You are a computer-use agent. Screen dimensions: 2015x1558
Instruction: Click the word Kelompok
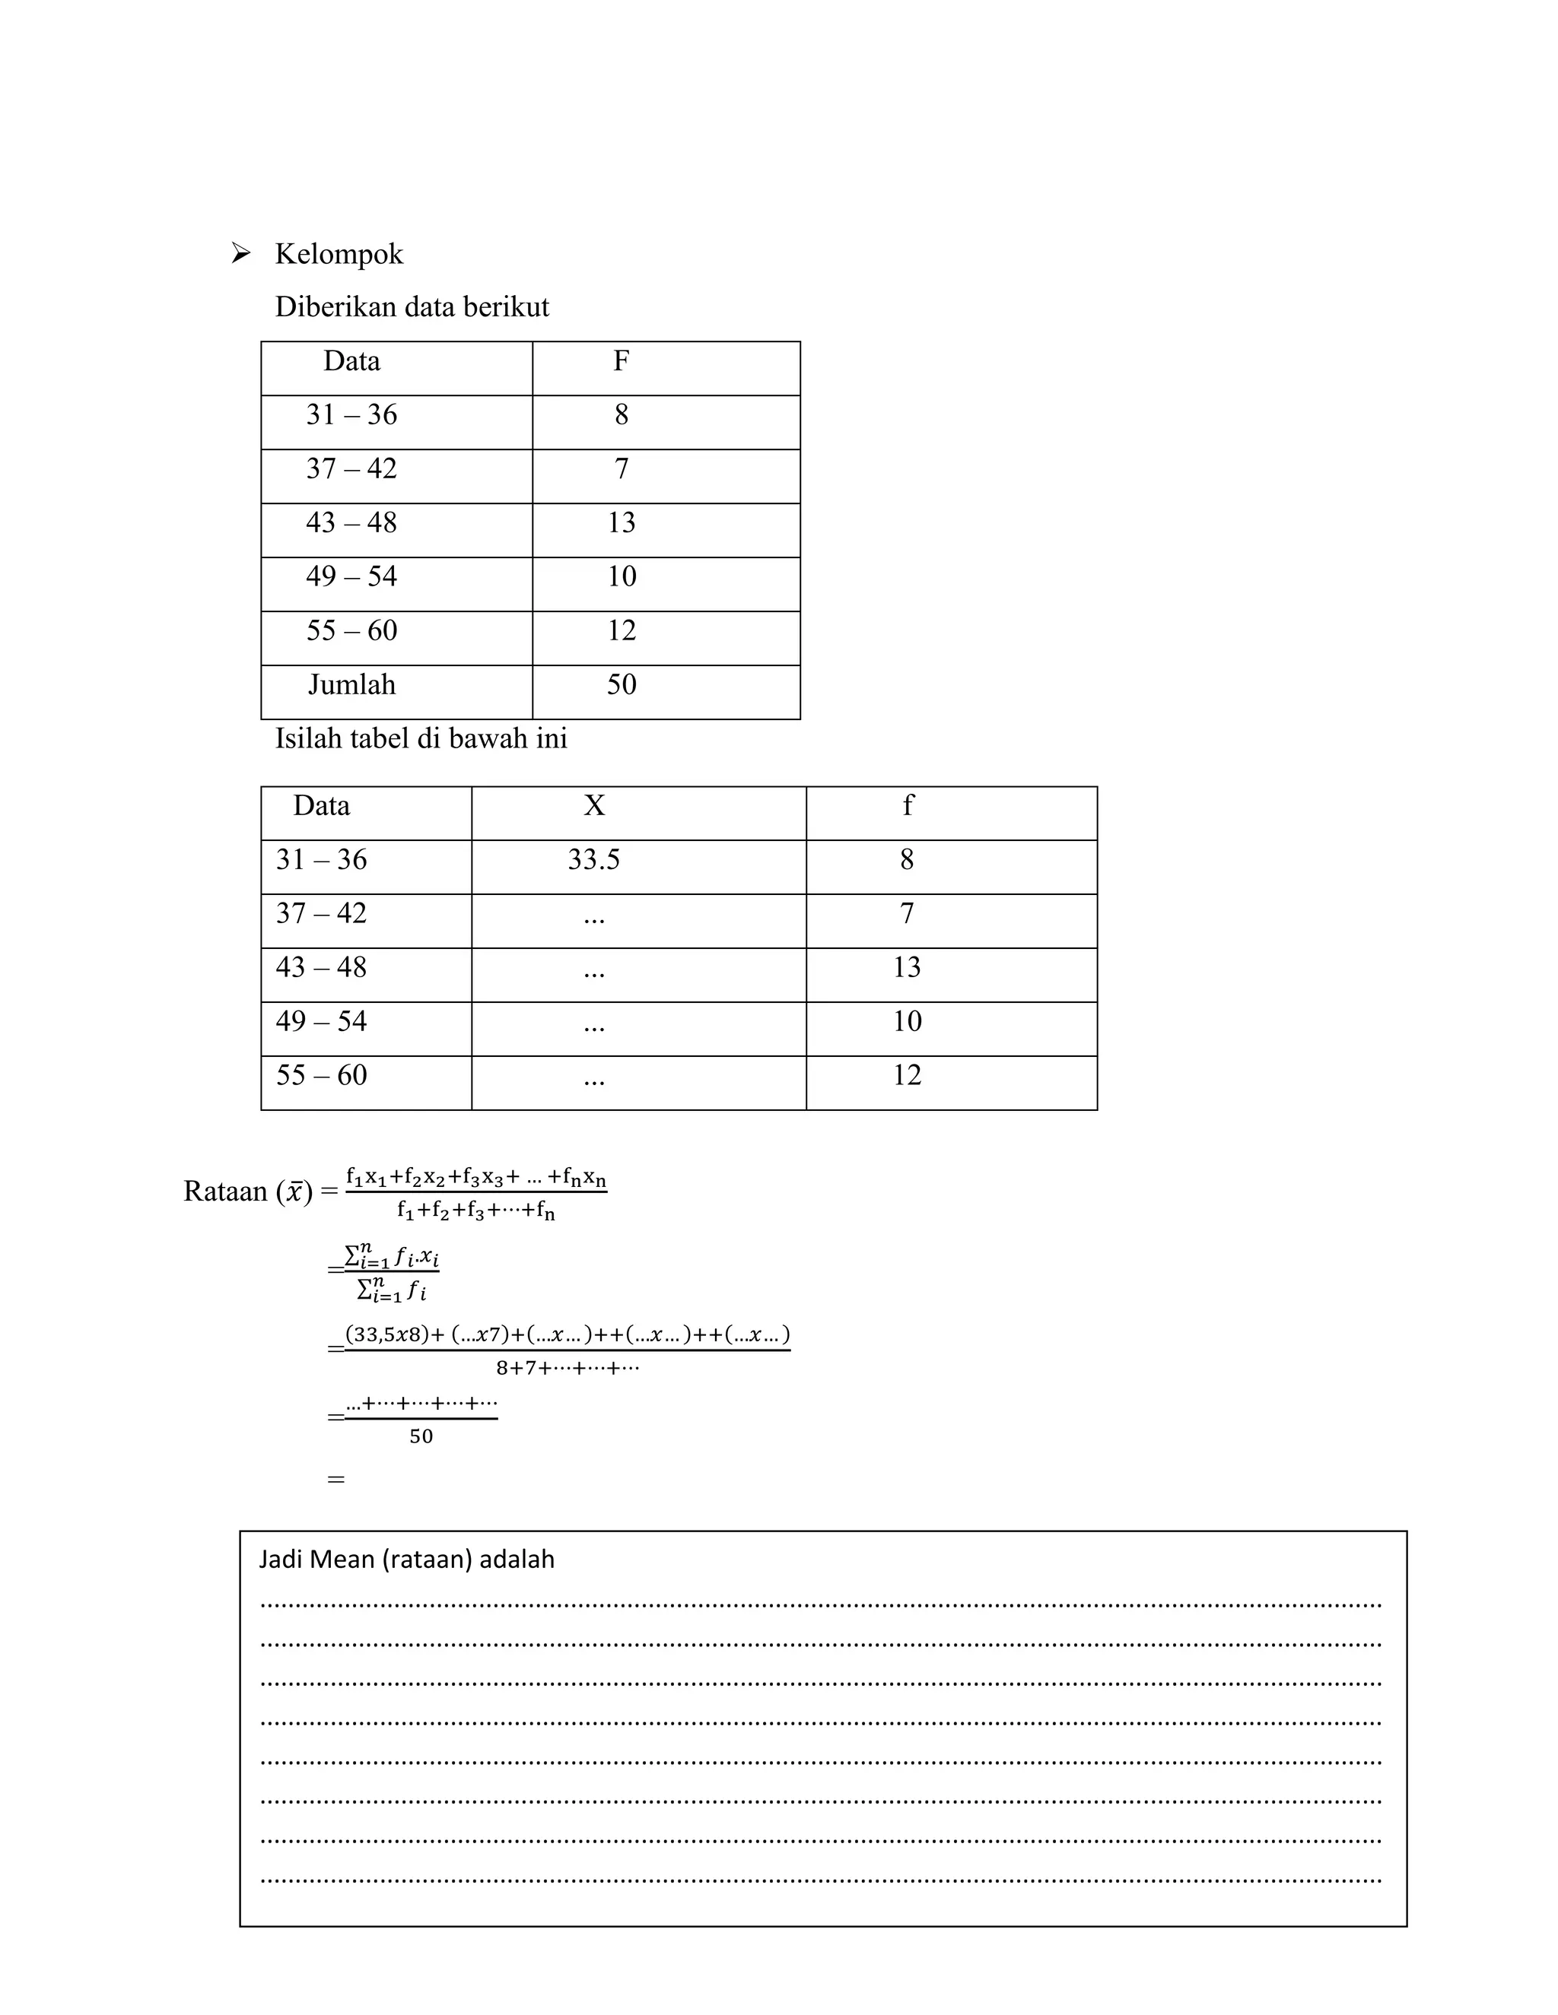tap(339, 254)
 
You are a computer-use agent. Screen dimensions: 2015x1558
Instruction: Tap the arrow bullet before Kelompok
tap(241, 252)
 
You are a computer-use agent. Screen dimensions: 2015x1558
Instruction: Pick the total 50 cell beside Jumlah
tap(622, 684)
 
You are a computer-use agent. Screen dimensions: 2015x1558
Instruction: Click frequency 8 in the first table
tap(622, 415)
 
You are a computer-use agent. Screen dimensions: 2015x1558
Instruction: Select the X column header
tap(594, 806)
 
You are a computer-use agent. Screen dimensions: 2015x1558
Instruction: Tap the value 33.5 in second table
tap(593, 860)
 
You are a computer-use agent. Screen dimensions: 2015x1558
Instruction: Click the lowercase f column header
tap(908, 806)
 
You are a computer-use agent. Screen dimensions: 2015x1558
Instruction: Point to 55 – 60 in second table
tap(321, 1075)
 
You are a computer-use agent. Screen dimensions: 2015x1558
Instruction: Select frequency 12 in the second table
tap(908, 1075)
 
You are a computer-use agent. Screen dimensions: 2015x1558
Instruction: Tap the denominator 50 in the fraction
tap(421, 1436)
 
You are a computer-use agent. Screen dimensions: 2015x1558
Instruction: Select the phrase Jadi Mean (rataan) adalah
tap(406, 1560)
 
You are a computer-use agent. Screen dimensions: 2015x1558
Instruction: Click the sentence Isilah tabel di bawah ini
tap(421, 738)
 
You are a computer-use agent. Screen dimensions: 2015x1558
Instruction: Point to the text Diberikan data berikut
tap(412, 307)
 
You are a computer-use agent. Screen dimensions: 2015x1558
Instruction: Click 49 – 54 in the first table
tap(351, 576)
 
